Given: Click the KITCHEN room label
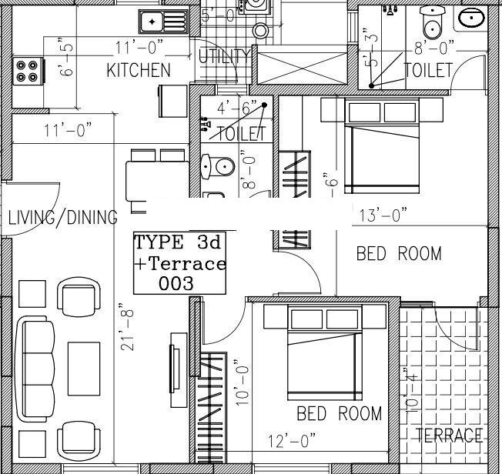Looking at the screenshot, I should click(138, 71).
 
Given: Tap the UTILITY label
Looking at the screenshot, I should click(224, 56).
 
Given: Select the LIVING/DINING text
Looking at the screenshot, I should click(62, 217).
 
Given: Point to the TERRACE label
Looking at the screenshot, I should click(449, 436).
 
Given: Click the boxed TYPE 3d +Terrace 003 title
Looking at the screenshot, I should click(180, 262).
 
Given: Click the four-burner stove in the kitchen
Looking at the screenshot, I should click(26, 69).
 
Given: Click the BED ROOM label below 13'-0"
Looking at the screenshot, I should click(399, 254).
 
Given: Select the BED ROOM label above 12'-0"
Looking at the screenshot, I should click(339, 414).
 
